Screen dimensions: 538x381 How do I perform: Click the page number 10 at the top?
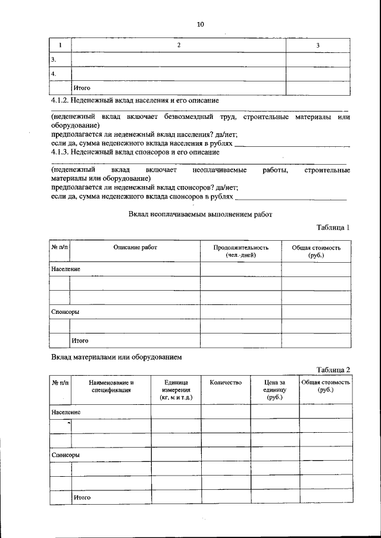[199, 24]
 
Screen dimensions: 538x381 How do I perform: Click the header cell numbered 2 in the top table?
[178, 46]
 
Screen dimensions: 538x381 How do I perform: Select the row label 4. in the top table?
[54, 74]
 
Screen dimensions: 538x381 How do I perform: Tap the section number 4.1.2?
[60, 102]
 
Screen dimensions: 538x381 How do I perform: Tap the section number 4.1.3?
[60, 152]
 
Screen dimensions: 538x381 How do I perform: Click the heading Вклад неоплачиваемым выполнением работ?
[200, 215]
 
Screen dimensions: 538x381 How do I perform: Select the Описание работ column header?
[135, 247]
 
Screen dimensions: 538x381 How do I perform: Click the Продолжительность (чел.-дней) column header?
[241, 251]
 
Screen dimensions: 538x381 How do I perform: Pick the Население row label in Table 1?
[65, 269]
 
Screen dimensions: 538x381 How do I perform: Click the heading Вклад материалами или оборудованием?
[116, 357]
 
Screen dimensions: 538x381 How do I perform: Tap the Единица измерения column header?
[176, 389]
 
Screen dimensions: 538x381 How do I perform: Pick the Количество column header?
[226, 383]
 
